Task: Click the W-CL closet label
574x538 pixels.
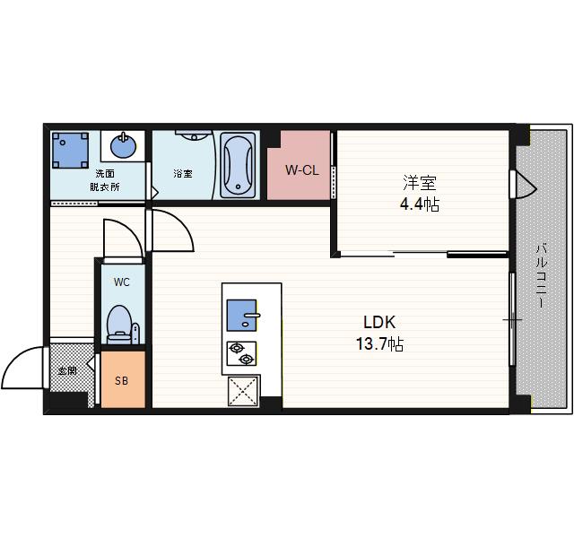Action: coord(302,170)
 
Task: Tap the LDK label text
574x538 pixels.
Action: coord(379,323)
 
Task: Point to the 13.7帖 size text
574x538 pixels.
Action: coord(380,344)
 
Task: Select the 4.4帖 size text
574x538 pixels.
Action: coord(420,204)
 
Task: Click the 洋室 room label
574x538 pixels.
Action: coord(420,183)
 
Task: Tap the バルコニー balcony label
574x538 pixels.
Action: coord(542,276)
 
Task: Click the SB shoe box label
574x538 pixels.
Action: coord(122,381)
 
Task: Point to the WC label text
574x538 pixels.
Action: coord(122,282)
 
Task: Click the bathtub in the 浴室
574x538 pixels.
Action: coord(238,165)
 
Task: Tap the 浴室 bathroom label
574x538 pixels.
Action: coord(183,173)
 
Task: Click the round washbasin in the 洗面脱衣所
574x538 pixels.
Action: coord(123,146)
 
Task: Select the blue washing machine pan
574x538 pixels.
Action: coord(70,151)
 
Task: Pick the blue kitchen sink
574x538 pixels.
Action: coord(241,315)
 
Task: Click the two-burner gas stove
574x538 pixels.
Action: coord(241,353)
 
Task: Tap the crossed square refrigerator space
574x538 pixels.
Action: coord(243,391)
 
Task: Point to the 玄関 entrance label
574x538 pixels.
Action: coord(67,371)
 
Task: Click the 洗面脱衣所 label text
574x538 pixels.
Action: coord(105,180)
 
